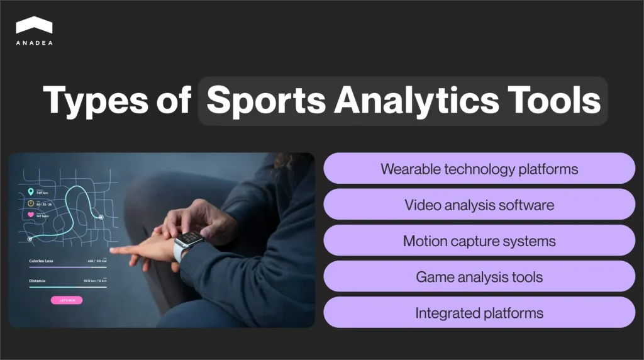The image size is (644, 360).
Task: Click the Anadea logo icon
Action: (34, 25)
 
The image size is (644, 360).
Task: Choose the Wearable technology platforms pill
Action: (479, 169)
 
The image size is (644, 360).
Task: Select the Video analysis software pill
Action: (479, 205)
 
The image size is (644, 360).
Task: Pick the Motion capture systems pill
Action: (479, 241)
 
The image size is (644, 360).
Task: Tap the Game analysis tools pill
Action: (479, 277)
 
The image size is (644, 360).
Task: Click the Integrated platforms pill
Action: (479, 313)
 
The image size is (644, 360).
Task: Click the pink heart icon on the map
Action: (30, 215)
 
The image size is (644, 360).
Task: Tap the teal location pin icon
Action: (30, 192)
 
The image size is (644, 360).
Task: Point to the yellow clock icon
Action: (30, 203)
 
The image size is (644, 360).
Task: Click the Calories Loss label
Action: (42, 260)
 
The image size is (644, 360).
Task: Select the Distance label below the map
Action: (38, 281)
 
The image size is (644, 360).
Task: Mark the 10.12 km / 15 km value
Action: (95, 281)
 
